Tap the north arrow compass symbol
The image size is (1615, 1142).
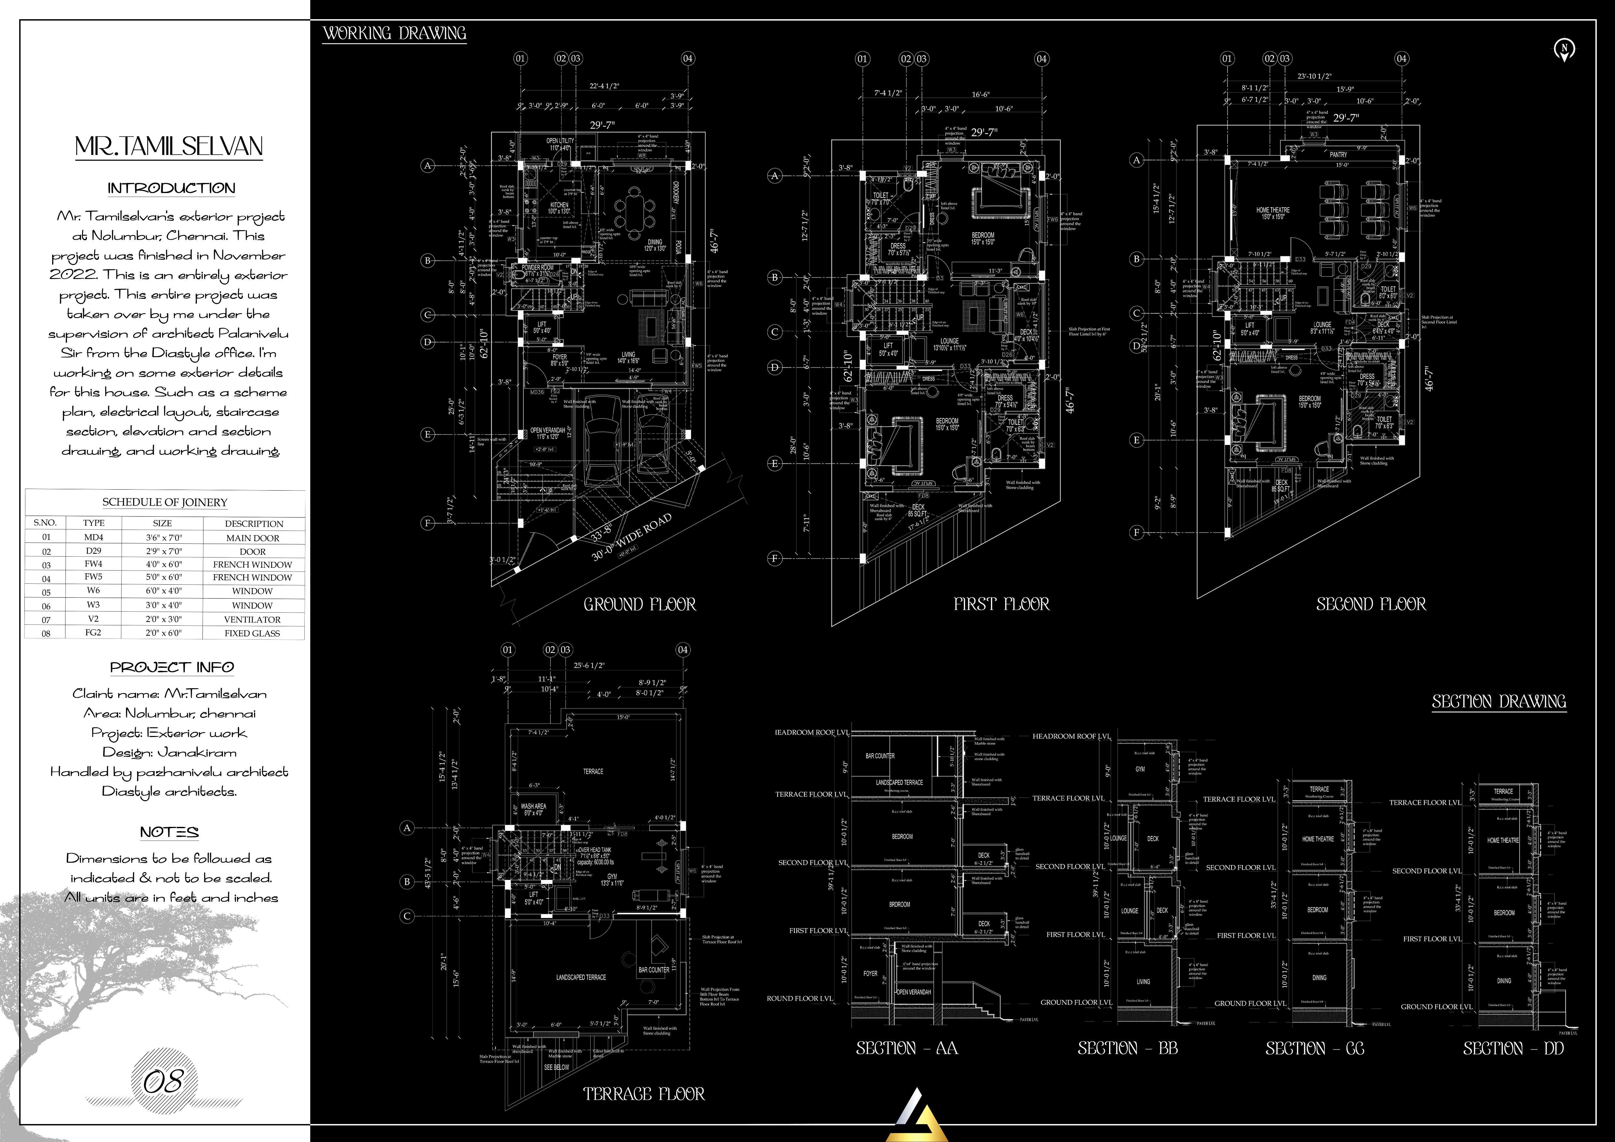1564,49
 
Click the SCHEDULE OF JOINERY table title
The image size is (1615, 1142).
165,502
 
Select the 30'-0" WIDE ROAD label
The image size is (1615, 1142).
632,536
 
